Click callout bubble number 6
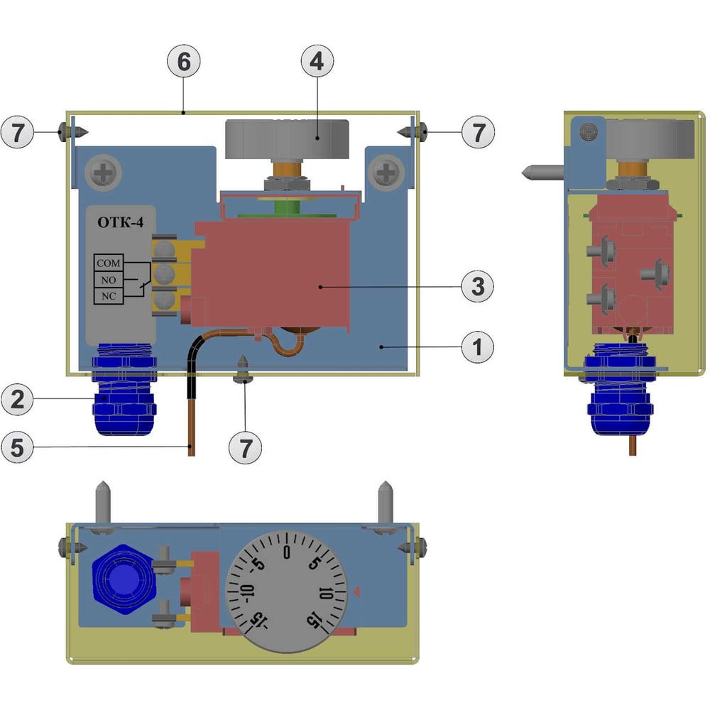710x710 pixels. [x=184, y=62]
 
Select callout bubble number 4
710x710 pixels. [x=317, y=62]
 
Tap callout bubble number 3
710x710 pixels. [x=477, y=286]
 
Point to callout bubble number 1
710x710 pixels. [x=477, y=347]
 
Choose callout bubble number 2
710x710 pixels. [x=18, y=399]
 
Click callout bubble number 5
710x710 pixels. [x=18, y=447]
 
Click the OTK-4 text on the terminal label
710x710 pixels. [x=120, y=223]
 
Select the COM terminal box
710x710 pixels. [x=108, y=263]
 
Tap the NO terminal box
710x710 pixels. [x=108, y=280]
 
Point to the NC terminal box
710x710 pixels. [x=108, y=295]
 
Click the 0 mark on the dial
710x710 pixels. [x=286, y=552]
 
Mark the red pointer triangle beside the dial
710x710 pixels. [x=356, y=591]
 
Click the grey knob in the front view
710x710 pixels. [x=288, y=139]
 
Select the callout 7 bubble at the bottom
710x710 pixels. [x=245, y=447]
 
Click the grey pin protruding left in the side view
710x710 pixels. [x=542, y=171]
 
